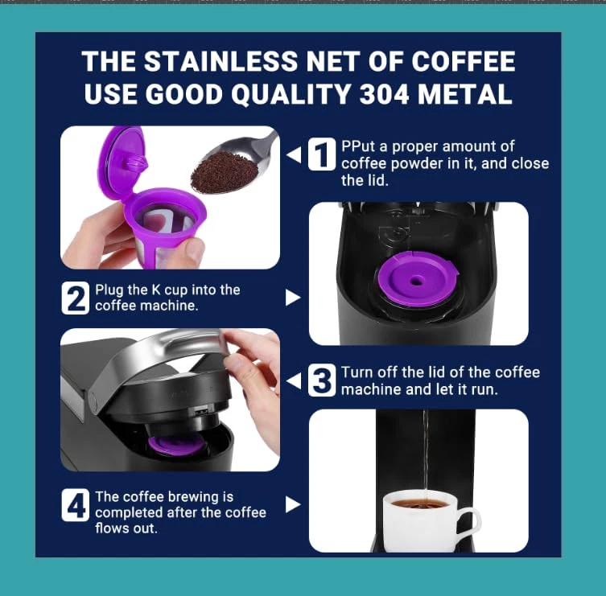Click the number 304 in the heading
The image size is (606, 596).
384,95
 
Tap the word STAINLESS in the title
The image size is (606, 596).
221,61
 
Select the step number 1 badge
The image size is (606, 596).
322,154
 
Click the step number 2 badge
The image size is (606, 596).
76,298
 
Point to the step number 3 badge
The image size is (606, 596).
322,380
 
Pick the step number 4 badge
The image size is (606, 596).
76,505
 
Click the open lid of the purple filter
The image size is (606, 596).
123,162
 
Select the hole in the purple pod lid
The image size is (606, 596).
416,281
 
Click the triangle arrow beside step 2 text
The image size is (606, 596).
293,298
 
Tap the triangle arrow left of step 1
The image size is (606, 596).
294,154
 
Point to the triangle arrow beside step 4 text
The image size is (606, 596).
293,504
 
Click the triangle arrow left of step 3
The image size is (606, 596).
294,381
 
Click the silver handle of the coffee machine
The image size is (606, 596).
155,356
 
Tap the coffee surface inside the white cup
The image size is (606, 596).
419,504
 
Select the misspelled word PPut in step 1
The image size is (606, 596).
358,146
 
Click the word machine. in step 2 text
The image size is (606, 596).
169,306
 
